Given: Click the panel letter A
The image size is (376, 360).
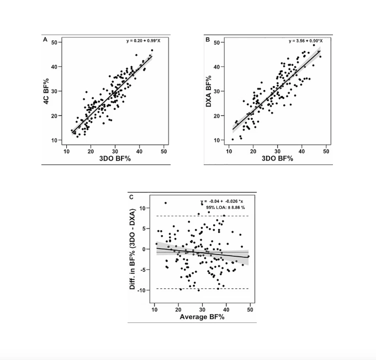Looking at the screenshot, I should tap(45, 40).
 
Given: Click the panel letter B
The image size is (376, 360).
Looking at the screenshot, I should tap(208, 40).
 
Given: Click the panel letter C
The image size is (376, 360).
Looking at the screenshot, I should tap(130, 197).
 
